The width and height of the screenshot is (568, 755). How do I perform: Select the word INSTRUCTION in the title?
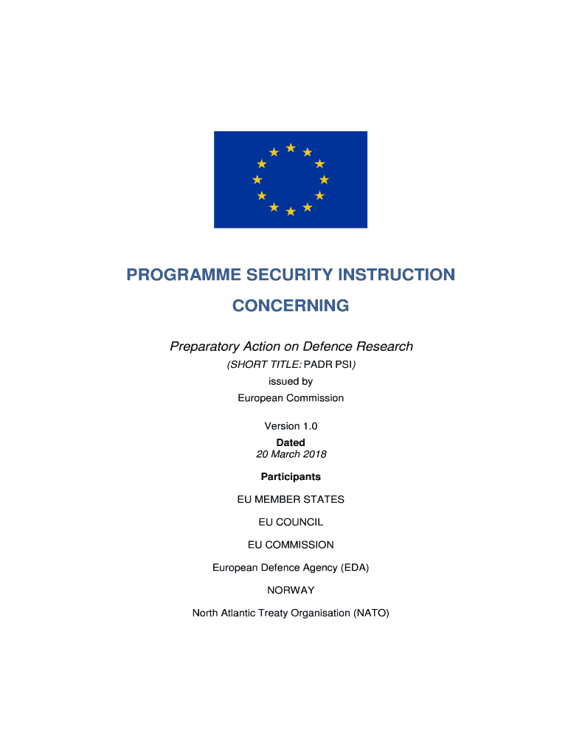point(397,275)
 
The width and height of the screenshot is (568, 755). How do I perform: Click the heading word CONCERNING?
point(291,305)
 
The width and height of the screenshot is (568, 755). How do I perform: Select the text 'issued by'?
point(291,381)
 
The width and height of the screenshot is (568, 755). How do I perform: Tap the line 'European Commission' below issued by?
point(291,398)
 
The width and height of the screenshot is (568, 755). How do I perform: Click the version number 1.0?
point(309,426)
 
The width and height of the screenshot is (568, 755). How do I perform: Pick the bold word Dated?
point(291,442)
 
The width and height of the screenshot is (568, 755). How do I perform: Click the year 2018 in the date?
point(313,454)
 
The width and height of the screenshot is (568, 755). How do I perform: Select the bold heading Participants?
point(291,476)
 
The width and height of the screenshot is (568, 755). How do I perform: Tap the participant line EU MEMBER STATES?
point(291,499)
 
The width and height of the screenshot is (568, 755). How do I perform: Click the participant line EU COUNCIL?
point(291,522)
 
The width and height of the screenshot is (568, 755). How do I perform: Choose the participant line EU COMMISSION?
point(291,545)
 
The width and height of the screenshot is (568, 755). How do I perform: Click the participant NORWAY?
point(291,590)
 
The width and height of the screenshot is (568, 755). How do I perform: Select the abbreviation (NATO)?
point(371,613)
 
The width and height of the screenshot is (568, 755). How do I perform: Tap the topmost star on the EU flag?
point(291,148)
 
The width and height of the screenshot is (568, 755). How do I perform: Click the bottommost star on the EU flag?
point(291,212)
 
